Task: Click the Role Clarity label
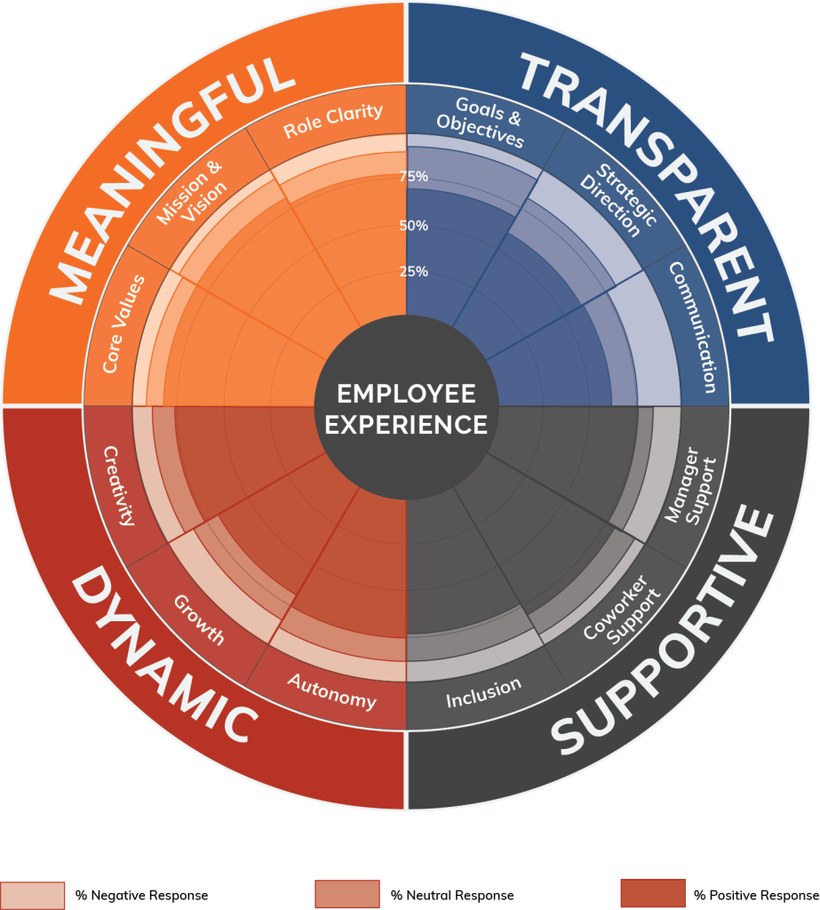333,123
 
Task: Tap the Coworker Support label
621,609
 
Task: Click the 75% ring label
413,177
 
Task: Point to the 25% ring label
413,271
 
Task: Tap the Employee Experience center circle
406,409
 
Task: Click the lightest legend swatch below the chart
33,894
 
